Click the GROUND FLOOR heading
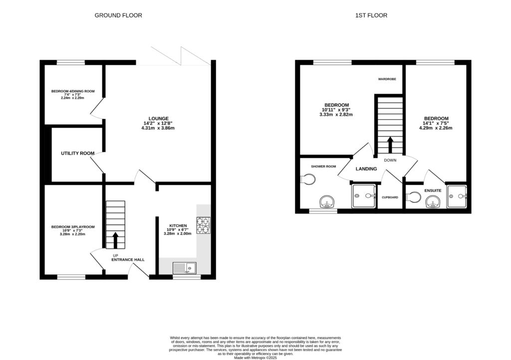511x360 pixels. (x=118, y=15)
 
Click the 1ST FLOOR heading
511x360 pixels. (x=371, y=15)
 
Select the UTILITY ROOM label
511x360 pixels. (x=77, y=153)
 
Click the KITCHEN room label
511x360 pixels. (x=177, y=225)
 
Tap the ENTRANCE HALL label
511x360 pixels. (x=128, y=260)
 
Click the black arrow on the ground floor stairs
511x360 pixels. (x=116, y=240)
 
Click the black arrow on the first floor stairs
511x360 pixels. (x=389, y=145)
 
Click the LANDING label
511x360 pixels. (x=366, y=169)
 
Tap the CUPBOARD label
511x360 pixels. (x=390, y=197)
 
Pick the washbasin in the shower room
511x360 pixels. (x=327, y=201)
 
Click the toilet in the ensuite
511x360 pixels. (x=413, y=198)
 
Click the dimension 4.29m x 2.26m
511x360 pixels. (x=436, y=128)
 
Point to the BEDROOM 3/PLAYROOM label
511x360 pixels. (x=73, y=227)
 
